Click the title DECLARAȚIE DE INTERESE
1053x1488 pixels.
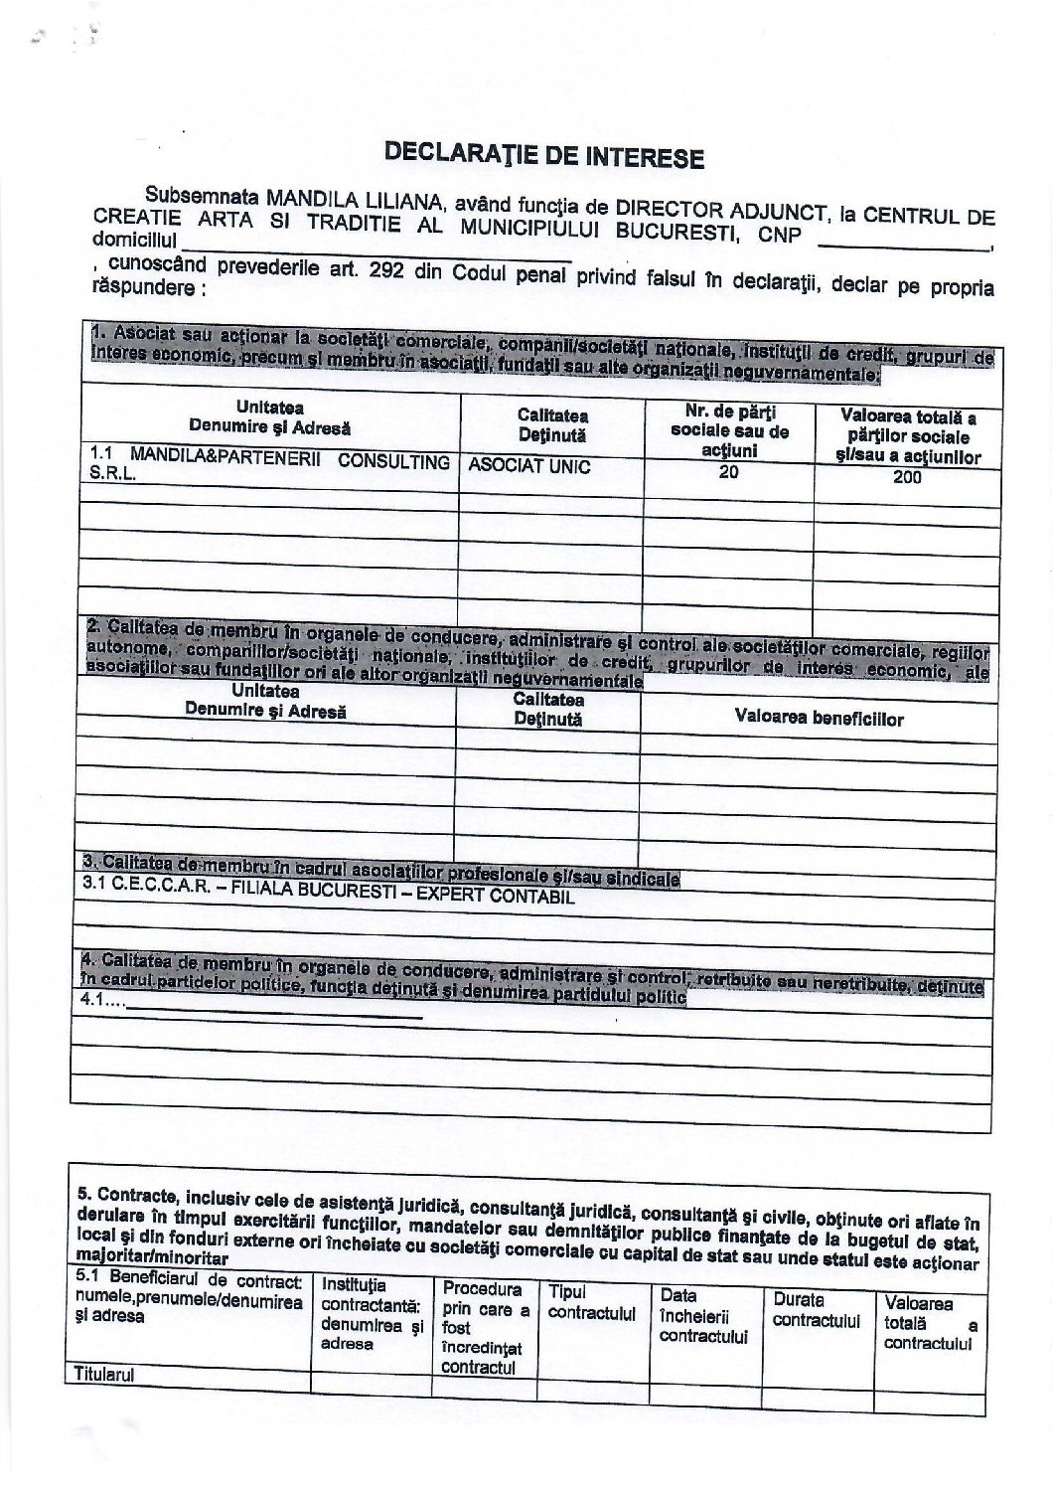click(x=544, y=156)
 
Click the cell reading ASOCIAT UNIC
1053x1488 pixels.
click(x=528, y=465)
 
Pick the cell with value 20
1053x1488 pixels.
click(x=729, y=472)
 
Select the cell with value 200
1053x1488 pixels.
click(x=907, y=477)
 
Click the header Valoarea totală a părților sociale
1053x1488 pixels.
click(x=908, y=437)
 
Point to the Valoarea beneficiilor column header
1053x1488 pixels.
click(x=819, y=718)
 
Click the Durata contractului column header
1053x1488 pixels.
click(x=816, y=1310)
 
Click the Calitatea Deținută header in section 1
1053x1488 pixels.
click(x=551, y=424)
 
